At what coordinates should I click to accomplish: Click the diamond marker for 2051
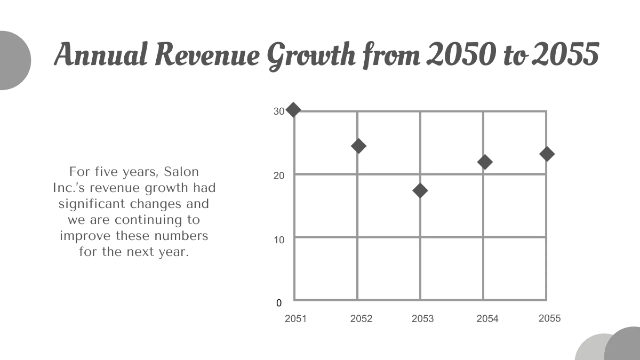pyautogui.click(x=293, y=110)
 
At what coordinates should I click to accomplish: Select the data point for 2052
pyautogui.click(x=358, y=146)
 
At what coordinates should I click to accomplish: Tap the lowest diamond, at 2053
pyautogui.click(x=420, y=190)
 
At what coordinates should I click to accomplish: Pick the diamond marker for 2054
pyautogui.click(x=484, y=162)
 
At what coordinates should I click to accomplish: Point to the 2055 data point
pyautogui.click(x=547, y=154)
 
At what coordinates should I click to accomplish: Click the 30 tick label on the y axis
pyautogui.click(x=279, y=111)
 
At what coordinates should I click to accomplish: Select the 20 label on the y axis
pyautogui.click(x=279, y=175)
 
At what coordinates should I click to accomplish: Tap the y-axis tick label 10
pyautogui.click(x=279, y=239)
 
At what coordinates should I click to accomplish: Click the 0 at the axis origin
pyautogui.click(x=279, y=303)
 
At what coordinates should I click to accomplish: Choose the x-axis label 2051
pyautogui.click(x=295, y=319)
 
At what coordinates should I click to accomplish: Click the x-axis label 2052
pyautogui.click(x=361, y=319)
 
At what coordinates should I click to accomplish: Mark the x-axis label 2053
pyautogui.click(x=422, y=319)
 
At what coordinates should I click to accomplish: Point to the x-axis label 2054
pyautogui.click(x=487, y=319)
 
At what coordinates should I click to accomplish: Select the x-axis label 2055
pyautogui.click(x=549, y=318)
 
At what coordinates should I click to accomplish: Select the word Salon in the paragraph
pyautogui.click(x=181, y=172)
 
